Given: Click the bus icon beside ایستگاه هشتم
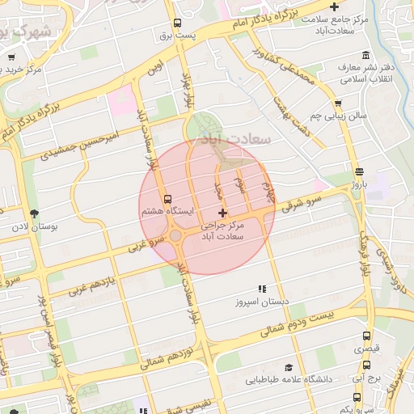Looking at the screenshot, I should pos(167,198).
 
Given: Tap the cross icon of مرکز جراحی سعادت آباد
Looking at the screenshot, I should pos(223,213).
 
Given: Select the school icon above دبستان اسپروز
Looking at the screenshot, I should pos(261,289).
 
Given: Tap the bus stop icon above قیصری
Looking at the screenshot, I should pos(366,336).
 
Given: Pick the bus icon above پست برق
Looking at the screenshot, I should pos(177,23).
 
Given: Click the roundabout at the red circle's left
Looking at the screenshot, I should pos(175,235).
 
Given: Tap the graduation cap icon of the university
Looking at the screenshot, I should pos(289,367).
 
